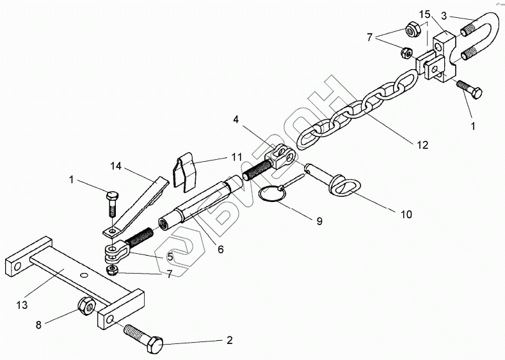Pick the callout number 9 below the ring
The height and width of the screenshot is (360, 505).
[318, 221]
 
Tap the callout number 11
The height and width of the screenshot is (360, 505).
[219, 156]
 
